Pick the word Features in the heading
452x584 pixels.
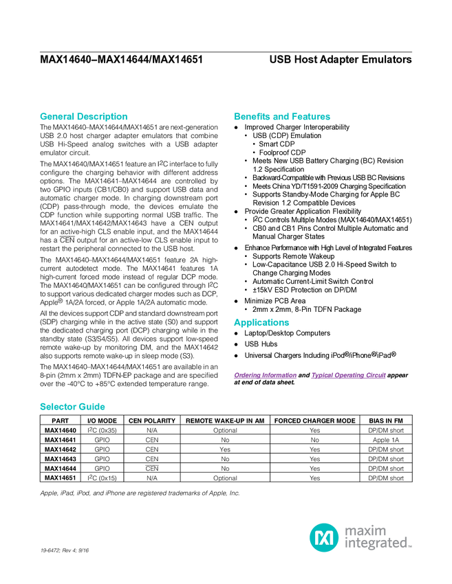coord(312,117)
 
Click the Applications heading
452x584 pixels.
coord(261,323)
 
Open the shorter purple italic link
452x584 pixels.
coord(265,376)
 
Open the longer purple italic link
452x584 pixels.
coord(349,376)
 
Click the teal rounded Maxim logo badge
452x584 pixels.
coord(323,537)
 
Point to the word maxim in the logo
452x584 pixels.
coord(365,530)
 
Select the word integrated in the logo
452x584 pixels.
coord(376,543)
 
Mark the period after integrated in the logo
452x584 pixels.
coord(411,547)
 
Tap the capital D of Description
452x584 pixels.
coord(80,117)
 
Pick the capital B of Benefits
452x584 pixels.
coord(237,117)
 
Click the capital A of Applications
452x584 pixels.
coord(236,323)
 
